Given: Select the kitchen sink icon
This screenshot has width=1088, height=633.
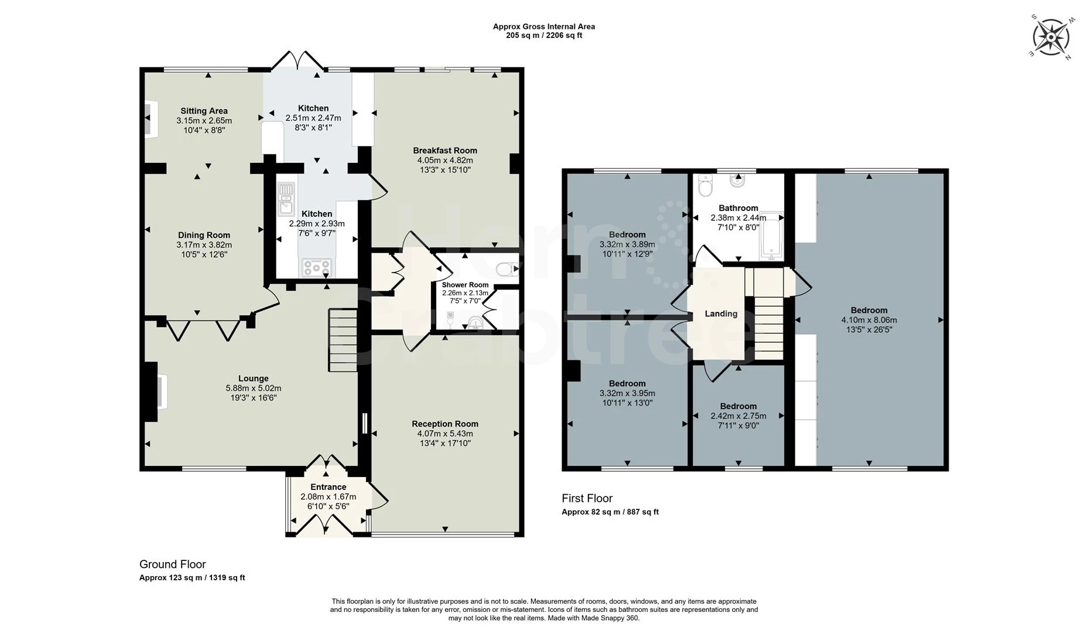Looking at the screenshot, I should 286,199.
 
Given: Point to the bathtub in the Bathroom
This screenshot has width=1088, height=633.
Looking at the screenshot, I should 771,236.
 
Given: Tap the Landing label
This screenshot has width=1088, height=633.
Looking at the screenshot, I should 720,314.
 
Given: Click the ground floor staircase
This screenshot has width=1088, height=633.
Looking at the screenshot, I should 343,340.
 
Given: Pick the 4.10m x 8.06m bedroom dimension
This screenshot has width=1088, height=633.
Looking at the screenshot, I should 868,320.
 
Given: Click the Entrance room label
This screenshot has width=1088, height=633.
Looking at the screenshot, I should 328,487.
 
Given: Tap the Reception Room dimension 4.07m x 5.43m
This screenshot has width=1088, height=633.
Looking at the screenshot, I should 444,434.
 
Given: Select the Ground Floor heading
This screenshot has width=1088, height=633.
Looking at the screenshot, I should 172,564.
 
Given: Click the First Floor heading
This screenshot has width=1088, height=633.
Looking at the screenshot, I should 587,498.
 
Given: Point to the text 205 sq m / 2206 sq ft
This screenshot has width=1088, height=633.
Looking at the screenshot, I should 543,35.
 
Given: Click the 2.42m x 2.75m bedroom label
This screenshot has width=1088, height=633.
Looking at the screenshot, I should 738,406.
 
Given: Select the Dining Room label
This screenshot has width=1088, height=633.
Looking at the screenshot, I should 204,235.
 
